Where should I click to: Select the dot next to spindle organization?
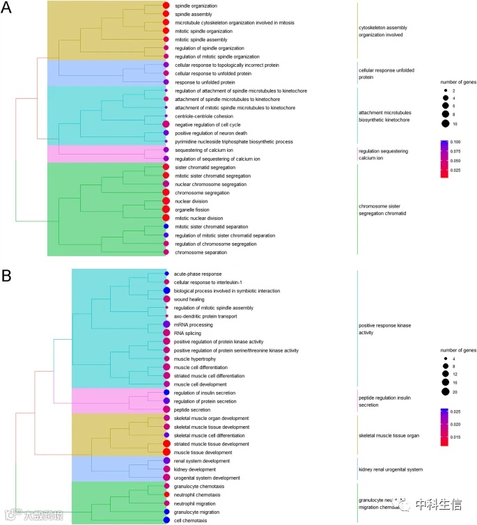(166, 6)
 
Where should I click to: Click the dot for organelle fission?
(166, 209)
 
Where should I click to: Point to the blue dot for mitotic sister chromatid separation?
(166, 226)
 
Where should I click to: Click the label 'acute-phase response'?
(198, 274)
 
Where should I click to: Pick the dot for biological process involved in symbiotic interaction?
(167, 290)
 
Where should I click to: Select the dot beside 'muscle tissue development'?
(167, 452)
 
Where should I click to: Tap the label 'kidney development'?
(195, 469)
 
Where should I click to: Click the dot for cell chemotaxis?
(167, 520)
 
